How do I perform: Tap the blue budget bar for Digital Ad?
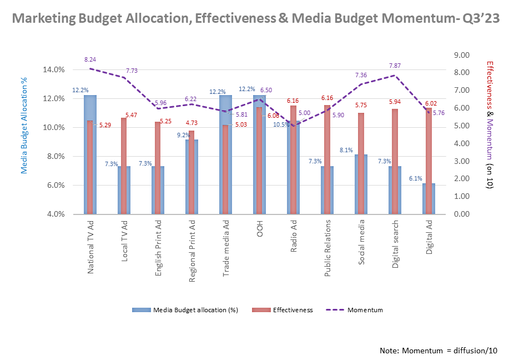coord(427,199)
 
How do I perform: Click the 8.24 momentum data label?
coord(90,58)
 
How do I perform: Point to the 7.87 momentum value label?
coord(395,65)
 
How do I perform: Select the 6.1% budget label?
coord(416,178)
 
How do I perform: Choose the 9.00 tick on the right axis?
coord(461,55)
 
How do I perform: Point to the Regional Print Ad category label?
coord(192,251)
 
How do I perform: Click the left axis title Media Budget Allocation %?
coord(24,126)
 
